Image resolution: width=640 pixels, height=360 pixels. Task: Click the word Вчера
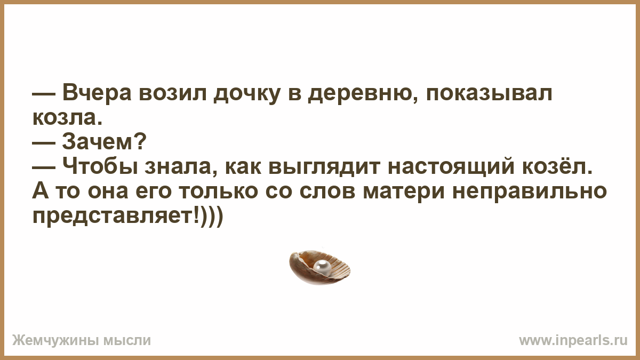coord(97,93)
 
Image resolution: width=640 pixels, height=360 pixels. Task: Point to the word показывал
coord(489,93)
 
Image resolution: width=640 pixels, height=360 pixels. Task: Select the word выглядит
coord(325,169)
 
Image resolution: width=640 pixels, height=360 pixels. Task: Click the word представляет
coord(114,218)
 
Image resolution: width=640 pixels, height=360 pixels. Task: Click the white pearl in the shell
coord(322,268)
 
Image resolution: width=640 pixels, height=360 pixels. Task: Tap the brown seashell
coord(320,267)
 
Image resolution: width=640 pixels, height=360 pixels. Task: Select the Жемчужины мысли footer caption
coord(82,341)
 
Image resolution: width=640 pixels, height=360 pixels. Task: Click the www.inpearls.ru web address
coord(573,341)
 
